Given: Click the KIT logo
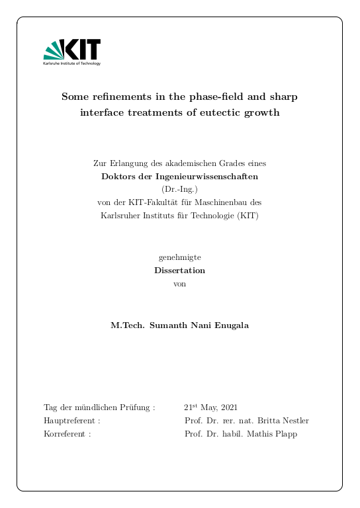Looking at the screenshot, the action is coord(72,52).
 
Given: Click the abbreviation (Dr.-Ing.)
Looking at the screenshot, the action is coord(179,189).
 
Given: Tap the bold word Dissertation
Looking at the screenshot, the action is coord(179,271).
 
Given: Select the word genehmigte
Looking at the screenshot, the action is coord(179,257).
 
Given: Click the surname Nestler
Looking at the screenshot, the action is coord(294,421).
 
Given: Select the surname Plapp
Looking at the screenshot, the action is coord(286,434).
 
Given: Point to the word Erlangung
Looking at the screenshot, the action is coord(124,163).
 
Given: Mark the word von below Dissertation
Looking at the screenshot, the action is coord(179,283).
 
